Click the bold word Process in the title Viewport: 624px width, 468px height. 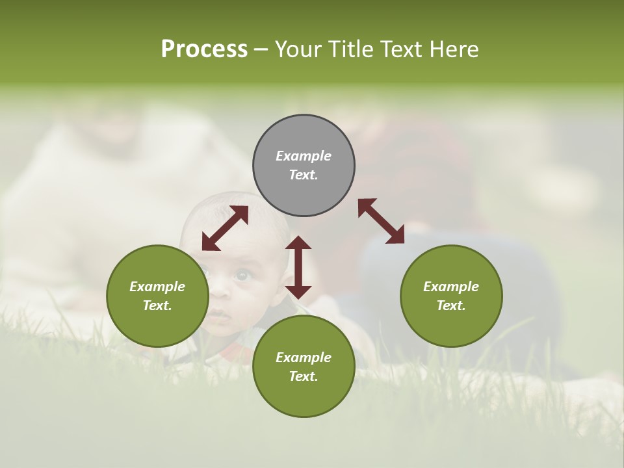click(204, 49)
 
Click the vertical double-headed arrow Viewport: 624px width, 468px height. click(298, 267)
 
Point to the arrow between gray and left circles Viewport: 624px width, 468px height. click(225, 228)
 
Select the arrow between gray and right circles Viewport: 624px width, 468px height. click(381, 221)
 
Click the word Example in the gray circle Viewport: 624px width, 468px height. click(304, 156)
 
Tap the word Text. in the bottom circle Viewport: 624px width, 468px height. click(304, 376)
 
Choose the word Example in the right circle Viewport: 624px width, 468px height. click(451, 287)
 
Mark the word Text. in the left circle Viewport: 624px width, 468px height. click(157, 305)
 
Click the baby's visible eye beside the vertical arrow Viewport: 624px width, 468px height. click(241, 276)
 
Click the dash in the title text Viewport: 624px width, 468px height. click(261, 49)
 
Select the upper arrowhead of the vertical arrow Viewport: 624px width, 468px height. click(298, 243)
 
